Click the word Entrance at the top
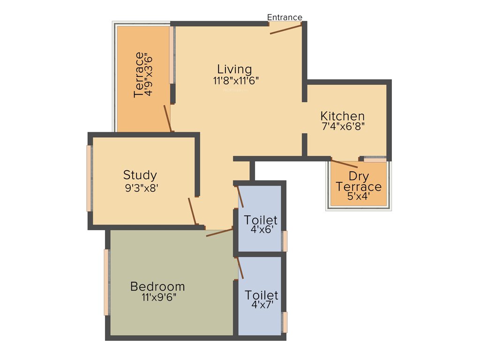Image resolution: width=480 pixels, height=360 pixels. click(285, 17)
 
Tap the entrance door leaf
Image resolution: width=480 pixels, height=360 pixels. click(285, 29)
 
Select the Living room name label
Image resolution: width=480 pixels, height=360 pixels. click(234, 69)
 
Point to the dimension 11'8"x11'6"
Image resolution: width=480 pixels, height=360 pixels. click(236, 80)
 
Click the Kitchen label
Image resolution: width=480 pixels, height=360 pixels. click(342, 116)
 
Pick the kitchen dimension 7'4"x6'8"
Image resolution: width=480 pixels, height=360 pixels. click(342, 126)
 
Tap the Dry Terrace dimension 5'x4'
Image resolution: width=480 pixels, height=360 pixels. click(359, 197)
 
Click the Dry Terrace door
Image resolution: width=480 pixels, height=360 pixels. click(345, 164)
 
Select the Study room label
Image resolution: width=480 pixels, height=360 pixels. click(140, 175)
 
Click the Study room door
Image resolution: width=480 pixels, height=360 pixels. click(192, 212)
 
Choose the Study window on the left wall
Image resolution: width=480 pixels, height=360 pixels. click(89, 178)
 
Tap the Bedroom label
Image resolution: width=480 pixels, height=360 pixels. click(157, 286)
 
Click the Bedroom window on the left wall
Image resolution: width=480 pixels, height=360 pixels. click(107, 282)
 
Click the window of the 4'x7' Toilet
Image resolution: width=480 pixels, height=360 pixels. click(284, 322)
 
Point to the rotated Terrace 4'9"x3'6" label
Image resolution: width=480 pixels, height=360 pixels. click(143, 75)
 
